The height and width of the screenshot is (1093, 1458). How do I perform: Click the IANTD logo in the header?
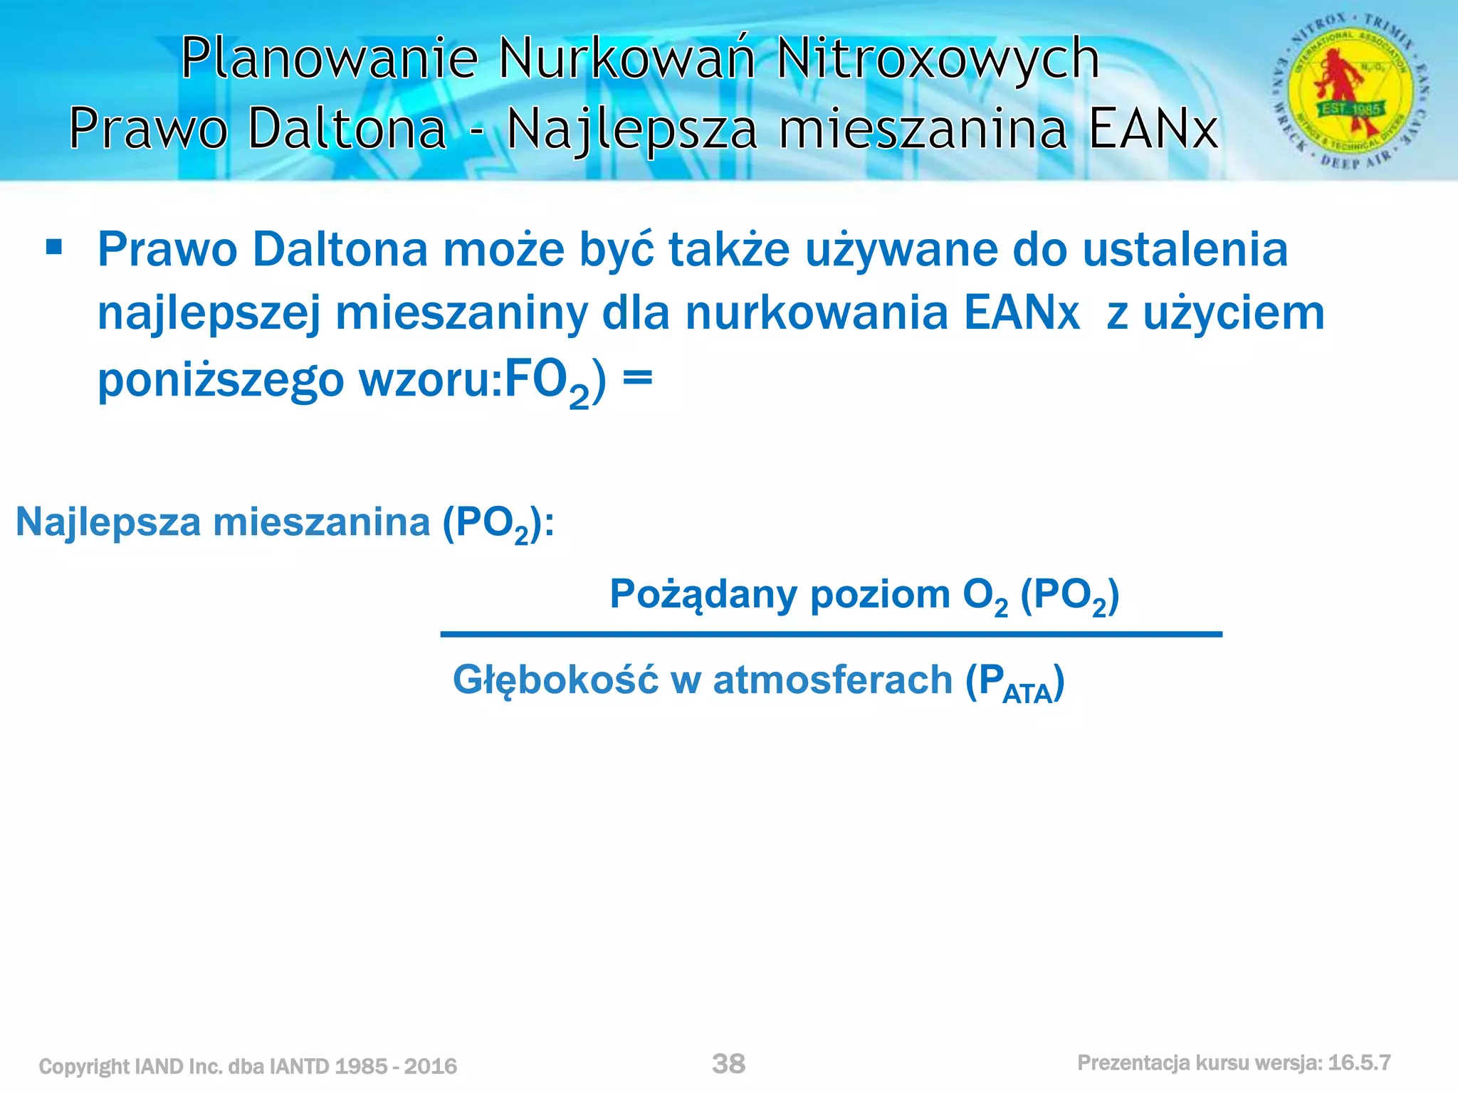tap(1350, 91)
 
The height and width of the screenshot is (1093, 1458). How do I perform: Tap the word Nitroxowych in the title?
tap(938, 58)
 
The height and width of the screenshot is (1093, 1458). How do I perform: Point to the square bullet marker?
tap(53, 248)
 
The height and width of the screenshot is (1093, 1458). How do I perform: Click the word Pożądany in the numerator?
tap(703, 595)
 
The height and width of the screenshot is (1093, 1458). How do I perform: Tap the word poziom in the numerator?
tap(880, 595)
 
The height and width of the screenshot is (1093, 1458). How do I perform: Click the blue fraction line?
tap(831, 634)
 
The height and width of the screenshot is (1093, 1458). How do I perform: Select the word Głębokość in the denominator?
tap(555, 680)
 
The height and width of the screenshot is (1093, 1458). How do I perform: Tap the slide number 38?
tap(728, 1064)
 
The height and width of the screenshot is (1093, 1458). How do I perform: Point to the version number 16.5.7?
tap(1359, 1063)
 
